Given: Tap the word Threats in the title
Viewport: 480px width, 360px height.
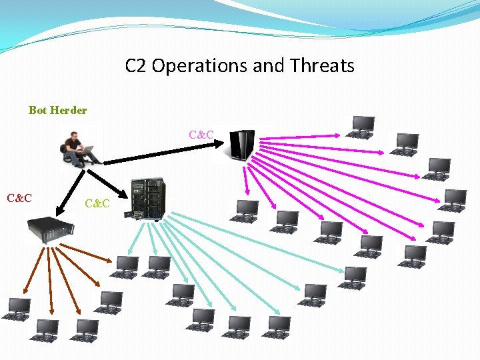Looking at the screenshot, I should pos(323,66).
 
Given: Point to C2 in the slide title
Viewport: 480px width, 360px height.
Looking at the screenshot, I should pos(136,66).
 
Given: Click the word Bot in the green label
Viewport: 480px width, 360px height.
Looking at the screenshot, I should pos(37,110).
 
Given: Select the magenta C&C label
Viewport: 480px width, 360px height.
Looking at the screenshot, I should pos(201,135).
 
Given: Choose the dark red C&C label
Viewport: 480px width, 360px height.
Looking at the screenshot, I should pos(19,198).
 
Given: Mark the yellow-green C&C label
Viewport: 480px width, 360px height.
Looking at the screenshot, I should pos(97,203).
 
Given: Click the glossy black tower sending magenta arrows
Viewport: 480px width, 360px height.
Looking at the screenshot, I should pos(241,145).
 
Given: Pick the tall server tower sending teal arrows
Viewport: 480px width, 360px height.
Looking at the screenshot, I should pos(147,199).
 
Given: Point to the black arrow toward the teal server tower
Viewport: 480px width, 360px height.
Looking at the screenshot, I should pos(107,183).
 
